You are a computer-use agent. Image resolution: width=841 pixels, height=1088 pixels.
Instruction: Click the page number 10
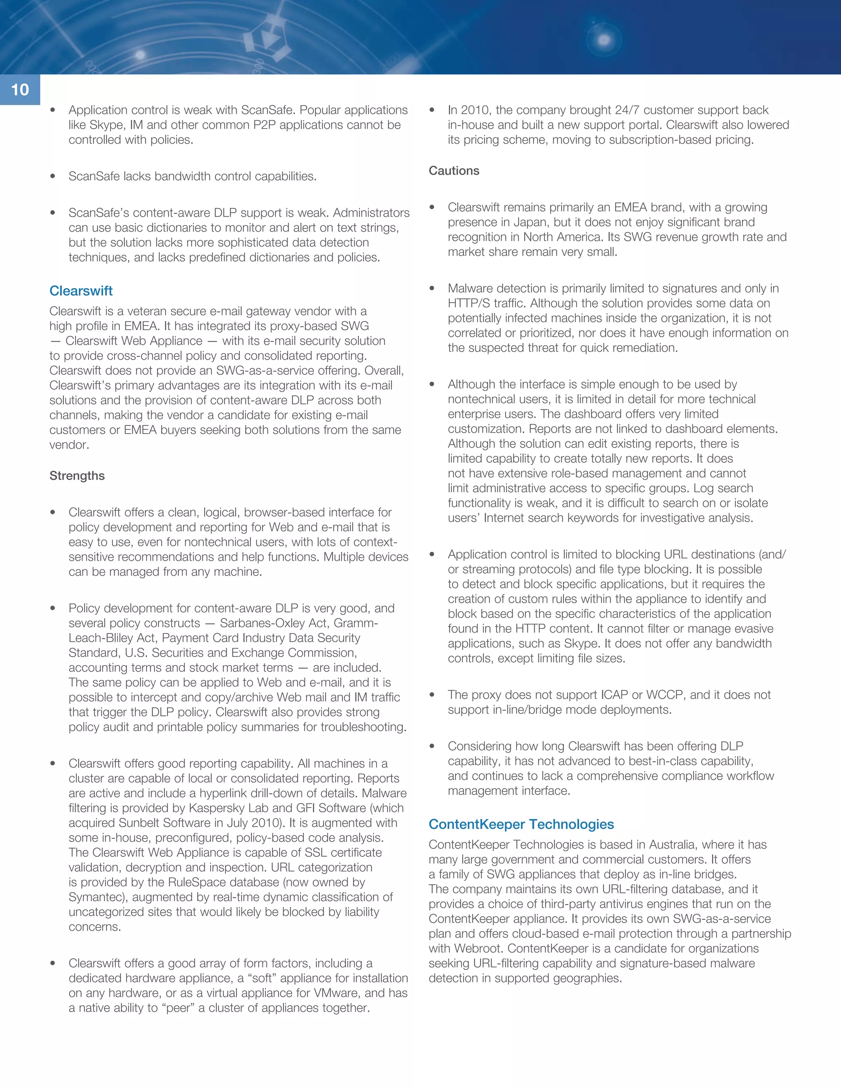pos(20,90)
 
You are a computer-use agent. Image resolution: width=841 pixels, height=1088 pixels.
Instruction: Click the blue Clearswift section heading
pos(81,291)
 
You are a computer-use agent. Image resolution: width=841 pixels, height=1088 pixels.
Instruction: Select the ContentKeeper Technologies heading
pos(521,824)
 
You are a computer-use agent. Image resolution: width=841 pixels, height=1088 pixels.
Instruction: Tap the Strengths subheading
pos(77,476)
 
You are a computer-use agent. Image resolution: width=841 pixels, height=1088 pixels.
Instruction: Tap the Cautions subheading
pos(453,171)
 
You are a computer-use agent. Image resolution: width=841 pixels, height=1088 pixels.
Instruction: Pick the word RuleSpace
pos(195,882)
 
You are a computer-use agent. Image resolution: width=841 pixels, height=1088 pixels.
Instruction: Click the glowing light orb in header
pos(604,40)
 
